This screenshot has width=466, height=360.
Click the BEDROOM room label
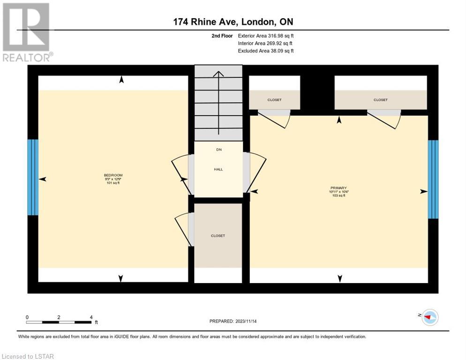tap(113, 175)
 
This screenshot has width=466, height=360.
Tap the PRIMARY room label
tap(338, 188)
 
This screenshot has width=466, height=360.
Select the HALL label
tap(218, 169)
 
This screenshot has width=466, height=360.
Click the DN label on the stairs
tap(219, 150)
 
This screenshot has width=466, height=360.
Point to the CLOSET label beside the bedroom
tap(218, 236)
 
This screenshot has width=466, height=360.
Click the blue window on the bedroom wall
tap(33, 177)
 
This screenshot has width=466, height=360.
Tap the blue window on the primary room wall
tap(433, 179)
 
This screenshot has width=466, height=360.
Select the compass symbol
tap(430, 317)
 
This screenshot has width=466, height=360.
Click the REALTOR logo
tap(27, 32)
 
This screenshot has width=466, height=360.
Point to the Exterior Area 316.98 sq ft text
tap(266, 36)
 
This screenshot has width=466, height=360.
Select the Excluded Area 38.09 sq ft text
tap(266, 51)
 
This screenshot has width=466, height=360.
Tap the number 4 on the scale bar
tap(91, 317)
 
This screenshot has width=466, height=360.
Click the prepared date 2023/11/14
tap(246, 321)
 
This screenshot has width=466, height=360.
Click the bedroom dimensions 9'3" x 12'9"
tap(113, 179)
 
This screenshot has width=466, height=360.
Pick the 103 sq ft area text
tap(339, 195)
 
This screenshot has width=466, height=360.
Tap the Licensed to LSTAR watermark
tap(28, 356)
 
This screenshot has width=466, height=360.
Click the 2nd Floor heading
tap(222, 36)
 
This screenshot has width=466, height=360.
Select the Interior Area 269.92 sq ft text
tap(265, 44)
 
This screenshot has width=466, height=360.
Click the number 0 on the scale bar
tap(27, 317)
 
